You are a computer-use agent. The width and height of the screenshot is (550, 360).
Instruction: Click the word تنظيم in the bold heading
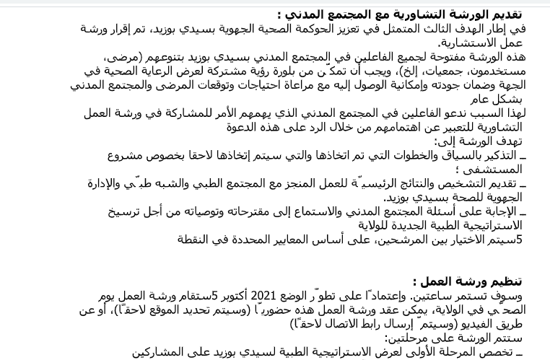click(505, 281)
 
